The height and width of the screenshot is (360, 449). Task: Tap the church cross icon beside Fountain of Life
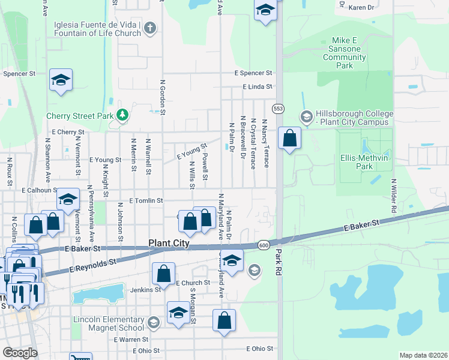[x=150, y=27]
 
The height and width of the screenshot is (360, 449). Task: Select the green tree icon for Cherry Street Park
[x=122, y=114]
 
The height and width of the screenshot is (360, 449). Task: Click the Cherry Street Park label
[x=80, y=116]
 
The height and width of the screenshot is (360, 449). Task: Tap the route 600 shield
[x=264, y=245]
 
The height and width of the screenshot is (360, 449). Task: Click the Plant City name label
[x=169, y=244]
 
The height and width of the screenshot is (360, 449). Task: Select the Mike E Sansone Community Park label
[x=345, y=53]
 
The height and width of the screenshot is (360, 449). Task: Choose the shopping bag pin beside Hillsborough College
[x=289, y=138]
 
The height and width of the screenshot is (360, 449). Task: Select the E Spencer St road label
[x=253, y=73]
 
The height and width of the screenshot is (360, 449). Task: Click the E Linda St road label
[x=258, y=87]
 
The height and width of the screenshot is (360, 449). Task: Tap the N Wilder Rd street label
[x=394, y=196]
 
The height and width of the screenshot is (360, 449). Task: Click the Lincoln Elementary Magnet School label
[x=109, y=323]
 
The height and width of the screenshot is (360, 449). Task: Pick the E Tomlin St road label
[x=146, y=200]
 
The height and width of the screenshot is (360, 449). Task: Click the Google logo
[x=20, y=353]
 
